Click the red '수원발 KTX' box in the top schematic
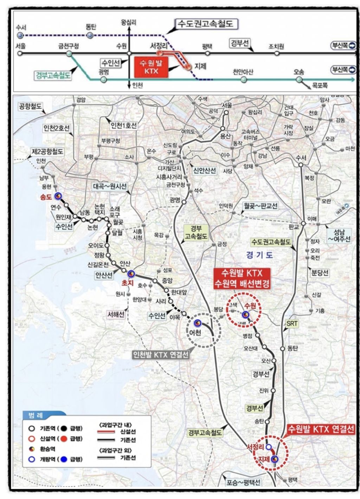click(152, 67)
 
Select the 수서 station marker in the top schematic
click(20, 35)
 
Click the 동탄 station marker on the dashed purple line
click(90, 35)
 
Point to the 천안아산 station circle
click(244, 80)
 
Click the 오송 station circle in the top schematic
click(299, 80)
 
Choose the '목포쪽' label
click(320, 85)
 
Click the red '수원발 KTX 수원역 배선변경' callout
click(242, 279)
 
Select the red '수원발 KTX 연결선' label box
click(321, 429)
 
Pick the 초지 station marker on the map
click(130, 273)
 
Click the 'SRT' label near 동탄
click(292, 324)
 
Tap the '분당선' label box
click(320, 273)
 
